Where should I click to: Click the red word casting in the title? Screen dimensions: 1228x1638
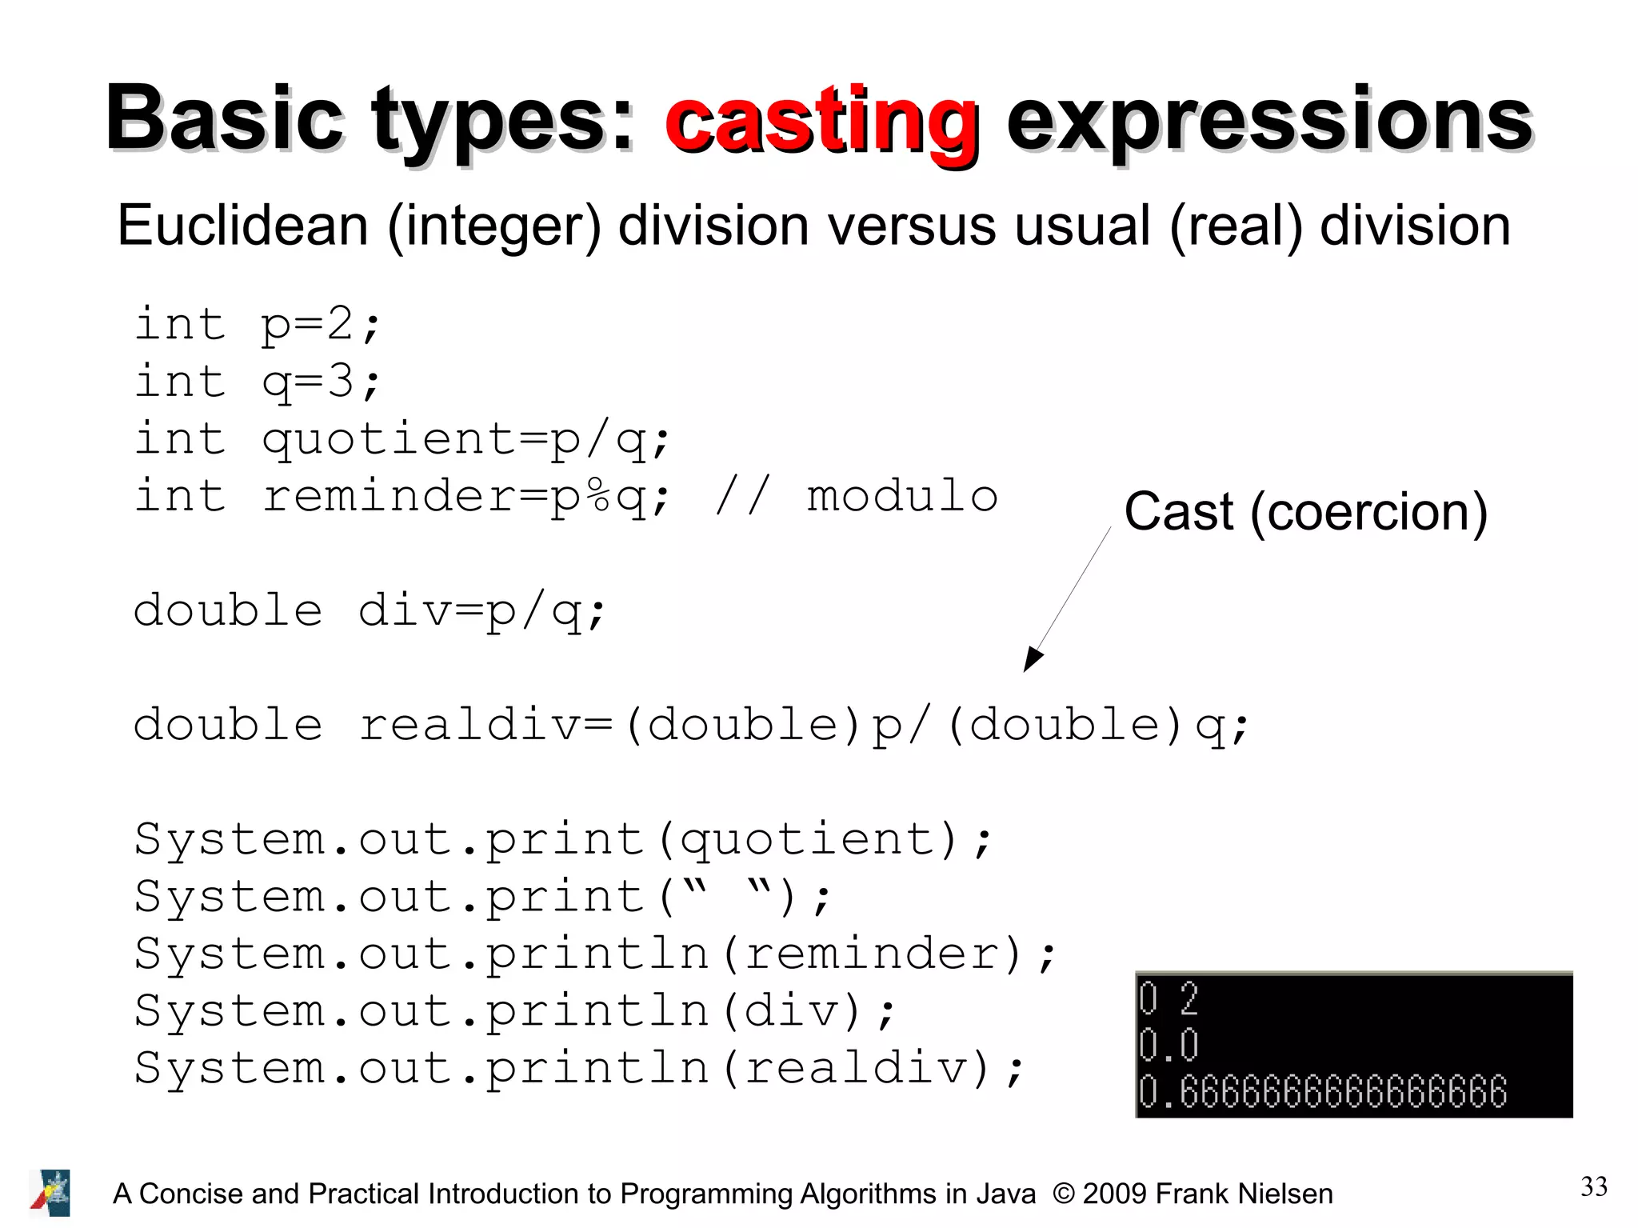point(821,122)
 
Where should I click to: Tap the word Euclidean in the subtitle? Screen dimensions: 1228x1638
point(242,226)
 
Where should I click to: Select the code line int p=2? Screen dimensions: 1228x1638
point(258,325)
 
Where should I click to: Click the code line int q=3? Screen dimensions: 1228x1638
point(258,382)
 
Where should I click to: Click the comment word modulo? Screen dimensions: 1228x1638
point(902,497)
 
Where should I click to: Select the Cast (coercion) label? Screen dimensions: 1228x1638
point(1305,512)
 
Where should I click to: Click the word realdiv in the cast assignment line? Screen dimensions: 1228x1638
point(470,726)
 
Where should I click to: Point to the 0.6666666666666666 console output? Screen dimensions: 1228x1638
point(1323,1093)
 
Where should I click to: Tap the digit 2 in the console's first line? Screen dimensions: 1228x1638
point(1189,998)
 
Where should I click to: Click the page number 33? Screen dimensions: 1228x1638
point(1593,1186)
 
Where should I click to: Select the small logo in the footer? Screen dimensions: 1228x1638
point(51,1192)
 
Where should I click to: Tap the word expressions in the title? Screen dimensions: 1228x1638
point(1268,122)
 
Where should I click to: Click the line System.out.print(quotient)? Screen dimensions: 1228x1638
point(562,840)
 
